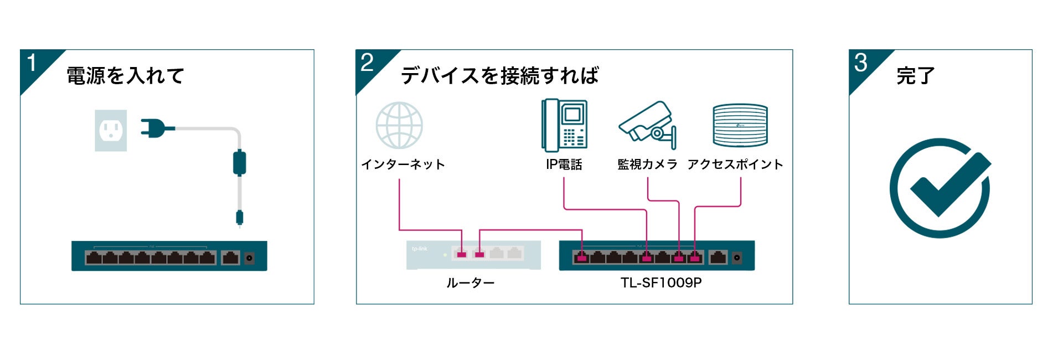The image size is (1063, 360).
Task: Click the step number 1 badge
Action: pyautogui.click(x=32, y=63)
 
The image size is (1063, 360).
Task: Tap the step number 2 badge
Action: pyautogui.click(x=367, y=63)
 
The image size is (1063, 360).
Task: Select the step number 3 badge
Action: pyautogui.click(x=860, y=63)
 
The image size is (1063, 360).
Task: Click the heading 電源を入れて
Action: pyautogui.click(x=125, y=76)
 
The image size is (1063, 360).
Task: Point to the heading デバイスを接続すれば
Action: pyautogui.click(x=499, y=76)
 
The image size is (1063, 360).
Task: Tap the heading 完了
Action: pyautogui.click(x=916, y=76)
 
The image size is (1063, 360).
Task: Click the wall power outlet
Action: pyautogui.click(x=111, y=131)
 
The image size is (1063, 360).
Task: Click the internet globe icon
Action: pyautogui.click(x=399, y=125)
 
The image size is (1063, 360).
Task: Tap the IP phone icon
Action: pyautogui.click(x=564, y=125)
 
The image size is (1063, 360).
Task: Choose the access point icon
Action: pyautogui.click(x=740, y=125)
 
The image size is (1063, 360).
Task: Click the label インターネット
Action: pyautogui.click(x=403, y=164)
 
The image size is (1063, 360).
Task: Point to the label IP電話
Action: pyautogui.click(x=564, y=164)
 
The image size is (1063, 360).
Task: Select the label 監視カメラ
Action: pyautogui.click(x=647, y=164)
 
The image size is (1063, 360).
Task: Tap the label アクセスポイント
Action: pyautogui.click(x=735, y=164)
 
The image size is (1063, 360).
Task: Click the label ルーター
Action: pyautogui.click(x=471, y=283)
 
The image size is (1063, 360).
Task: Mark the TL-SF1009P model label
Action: pyautogui.click(x=661, y=283)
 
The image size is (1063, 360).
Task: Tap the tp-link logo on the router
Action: pyautogui.click(x=420, y=249)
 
